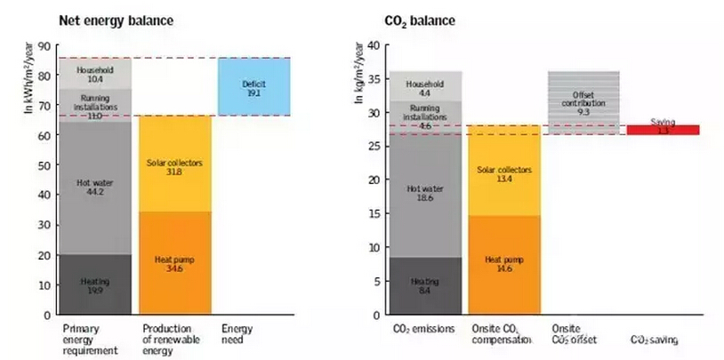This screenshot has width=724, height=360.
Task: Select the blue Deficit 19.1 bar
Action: [x=253, y=87]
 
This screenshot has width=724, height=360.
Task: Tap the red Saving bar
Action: [x=663, y=130]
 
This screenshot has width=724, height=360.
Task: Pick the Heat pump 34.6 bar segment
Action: [x=174, y=263]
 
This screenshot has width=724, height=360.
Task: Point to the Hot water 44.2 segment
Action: [x=93, y=187]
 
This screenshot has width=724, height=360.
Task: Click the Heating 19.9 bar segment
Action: [x=93, y=284]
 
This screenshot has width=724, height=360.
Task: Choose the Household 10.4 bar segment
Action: [x=93, y=73]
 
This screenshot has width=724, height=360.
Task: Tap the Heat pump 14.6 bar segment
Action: [x=504, y=265]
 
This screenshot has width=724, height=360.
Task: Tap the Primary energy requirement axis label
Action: [x=90, y=340]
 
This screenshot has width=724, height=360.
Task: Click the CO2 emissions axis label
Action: [x=424, y=330]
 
